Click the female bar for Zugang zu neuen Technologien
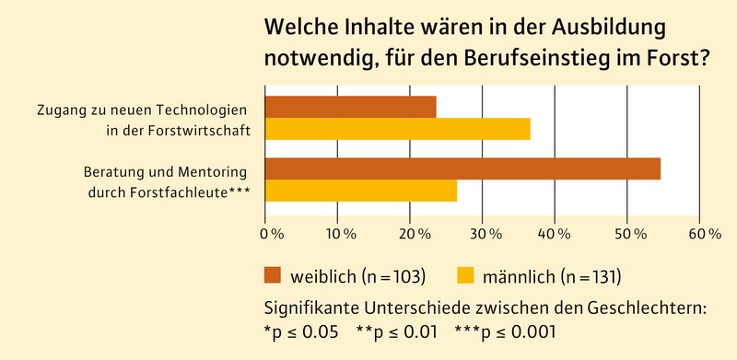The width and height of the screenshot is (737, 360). coord(350,107)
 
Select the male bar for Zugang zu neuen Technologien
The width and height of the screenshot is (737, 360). coord(397,129)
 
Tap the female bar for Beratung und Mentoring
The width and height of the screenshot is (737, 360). coord(462,168)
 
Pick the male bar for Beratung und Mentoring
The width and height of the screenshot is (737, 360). coord(360,190)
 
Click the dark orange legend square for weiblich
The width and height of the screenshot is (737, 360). coord(273,274)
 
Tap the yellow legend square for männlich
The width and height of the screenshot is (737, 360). coord(466,274)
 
